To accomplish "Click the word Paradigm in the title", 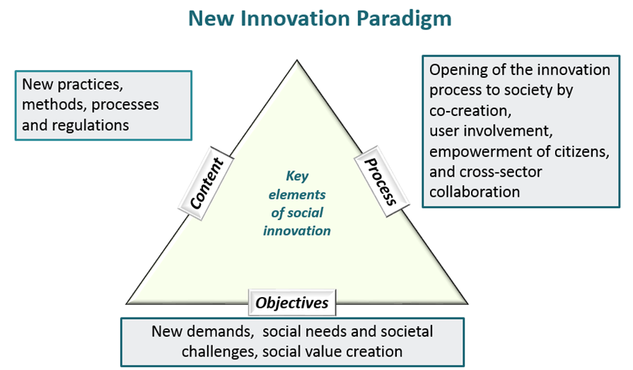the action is click(x=404, y=19).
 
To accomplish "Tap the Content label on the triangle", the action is click(x=207, y=184).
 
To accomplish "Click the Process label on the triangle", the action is click(x=381, y=182).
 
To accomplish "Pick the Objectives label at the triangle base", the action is click(x=292, y=303).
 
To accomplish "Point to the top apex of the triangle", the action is click(x=297, y=60).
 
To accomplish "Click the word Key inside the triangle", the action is click(x=297, y=176).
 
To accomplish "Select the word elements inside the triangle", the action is click(x=297, y=195).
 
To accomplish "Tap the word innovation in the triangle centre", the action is click(x=297, y=231).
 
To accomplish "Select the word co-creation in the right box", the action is click(x=470, y=110).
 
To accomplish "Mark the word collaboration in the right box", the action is click(x=475, y=192).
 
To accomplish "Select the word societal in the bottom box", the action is click(x=406, y=331).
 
